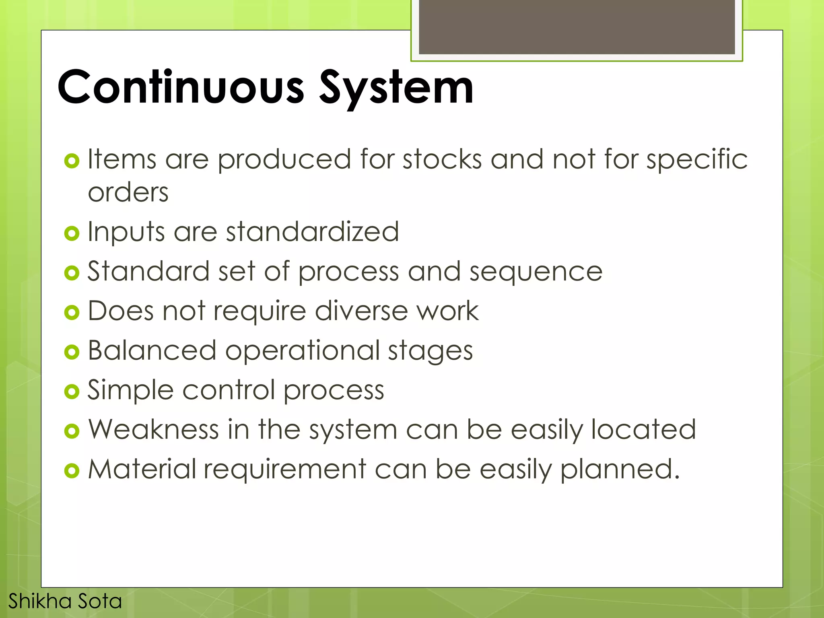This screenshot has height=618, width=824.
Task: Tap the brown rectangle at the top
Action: point(577,27)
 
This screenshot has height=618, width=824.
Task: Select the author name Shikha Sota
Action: point(65,601)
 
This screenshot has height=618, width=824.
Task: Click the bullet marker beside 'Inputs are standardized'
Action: point(72,233)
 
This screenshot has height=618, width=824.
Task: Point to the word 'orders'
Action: point(128,192)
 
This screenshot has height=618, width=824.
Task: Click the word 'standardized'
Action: point(312,232)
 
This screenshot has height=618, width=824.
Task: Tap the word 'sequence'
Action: point(536,272)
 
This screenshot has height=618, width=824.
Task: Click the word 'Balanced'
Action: point(152,350)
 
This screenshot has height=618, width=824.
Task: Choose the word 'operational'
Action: point(302,351)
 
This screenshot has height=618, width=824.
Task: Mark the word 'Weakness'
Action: point(153,429)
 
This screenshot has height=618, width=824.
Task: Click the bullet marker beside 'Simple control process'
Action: point(72,391)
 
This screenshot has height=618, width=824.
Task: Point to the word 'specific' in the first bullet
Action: point(697,160)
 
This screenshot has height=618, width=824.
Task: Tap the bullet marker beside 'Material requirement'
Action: point(72,470)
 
